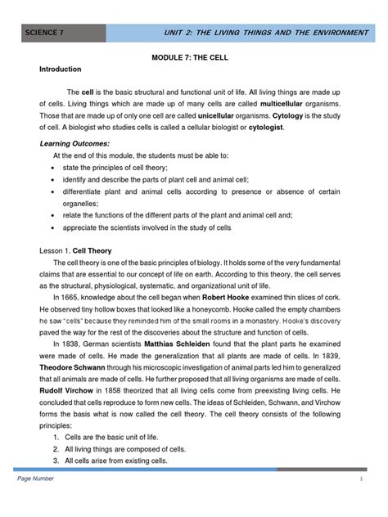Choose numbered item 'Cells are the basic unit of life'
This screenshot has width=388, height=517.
[x=120, y=438]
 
